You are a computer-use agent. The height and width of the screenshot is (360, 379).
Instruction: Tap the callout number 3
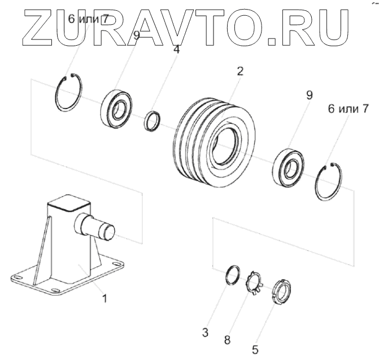[207, 329]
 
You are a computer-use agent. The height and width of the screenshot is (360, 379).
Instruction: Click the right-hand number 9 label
[308, 96]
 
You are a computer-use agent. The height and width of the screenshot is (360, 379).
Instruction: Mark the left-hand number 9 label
[136, 36]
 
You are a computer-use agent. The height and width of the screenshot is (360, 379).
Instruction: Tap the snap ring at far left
[70, 93]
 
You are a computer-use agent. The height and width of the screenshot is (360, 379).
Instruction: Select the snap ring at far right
[330, 181]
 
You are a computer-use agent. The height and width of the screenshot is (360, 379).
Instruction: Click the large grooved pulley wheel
[208, 140]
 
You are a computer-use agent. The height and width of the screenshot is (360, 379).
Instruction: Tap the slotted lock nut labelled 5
[280, 293]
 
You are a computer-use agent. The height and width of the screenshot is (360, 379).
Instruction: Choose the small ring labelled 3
[232, 275]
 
